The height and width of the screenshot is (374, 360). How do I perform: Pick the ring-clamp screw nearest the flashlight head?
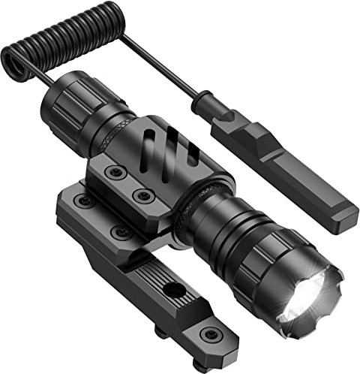point(142,198)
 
